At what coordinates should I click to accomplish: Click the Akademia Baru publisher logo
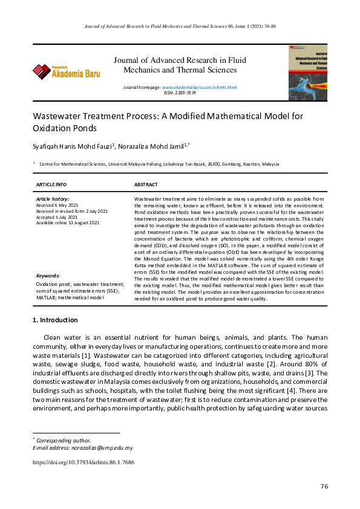tap(67, 73)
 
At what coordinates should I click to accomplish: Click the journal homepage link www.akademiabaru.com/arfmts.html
tap(199, 88)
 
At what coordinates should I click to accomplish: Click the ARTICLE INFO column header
tap(51, 184)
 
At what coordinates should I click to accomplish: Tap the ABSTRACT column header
tap(146, 184)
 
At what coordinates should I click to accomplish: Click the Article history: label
tap(53, 199)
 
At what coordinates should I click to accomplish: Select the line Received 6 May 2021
tap(57, 206)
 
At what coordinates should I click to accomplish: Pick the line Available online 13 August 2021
tap(68, 223)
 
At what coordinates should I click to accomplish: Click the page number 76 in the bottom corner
tap(324, 487)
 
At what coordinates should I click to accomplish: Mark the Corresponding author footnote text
tap(64, 441)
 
